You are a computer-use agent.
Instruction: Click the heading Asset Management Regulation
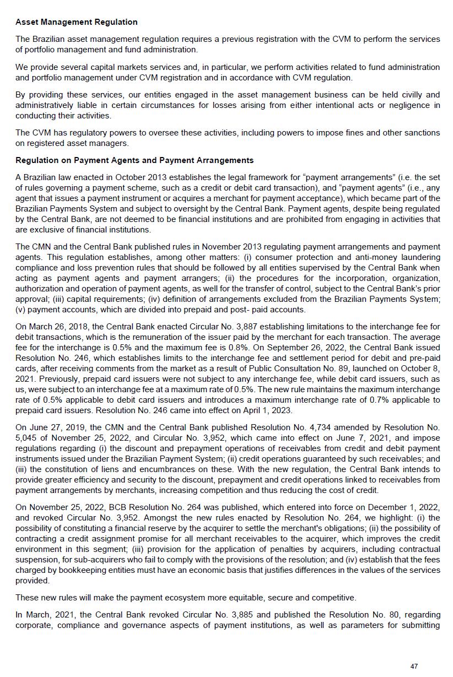(x=77, y=22)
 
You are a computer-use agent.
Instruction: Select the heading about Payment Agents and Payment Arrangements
(x=134, y=160)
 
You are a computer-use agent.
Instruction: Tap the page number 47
(x=414, y=667)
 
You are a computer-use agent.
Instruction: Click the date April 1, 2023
(x=273, y=410)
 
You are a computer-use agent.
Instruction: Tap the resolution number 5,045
(x=28, y=437)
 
